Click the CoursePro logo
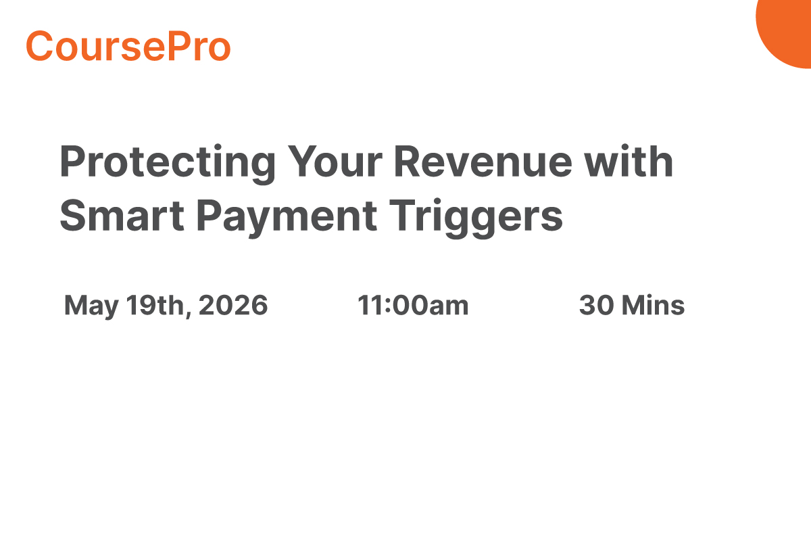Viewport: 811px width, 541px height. (x=128, y=46)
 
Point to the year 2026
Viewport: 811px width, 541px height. (x=234, y=306)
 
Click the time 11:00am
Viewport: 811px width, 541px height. (x=413, y=306)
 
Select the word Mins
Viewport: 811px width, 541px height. (x=654, y=306)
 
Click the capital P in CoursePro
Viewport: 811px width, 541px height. (x=167, y=46)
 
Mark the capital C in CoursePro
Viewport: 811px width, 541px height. (x=39, y=46)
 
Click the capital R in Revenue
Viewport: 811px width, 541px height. (x=408, y=162)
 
